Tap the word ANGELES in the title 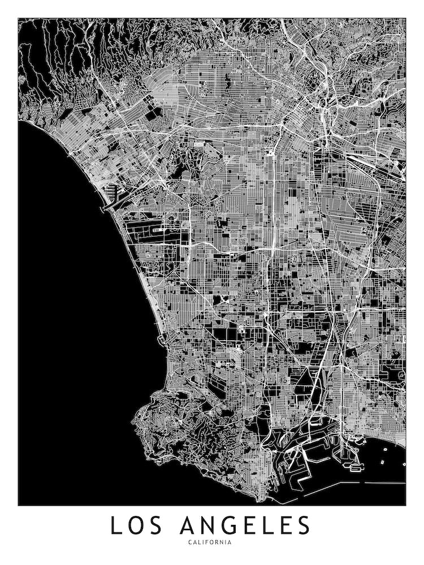tap(246, 525)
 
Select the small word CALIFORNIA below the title tap(211, 543)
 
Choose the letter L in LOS tap(115, 525)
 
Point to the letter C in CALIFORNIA tap(193, 543)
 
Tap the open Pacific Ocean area tap(73, 311)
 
